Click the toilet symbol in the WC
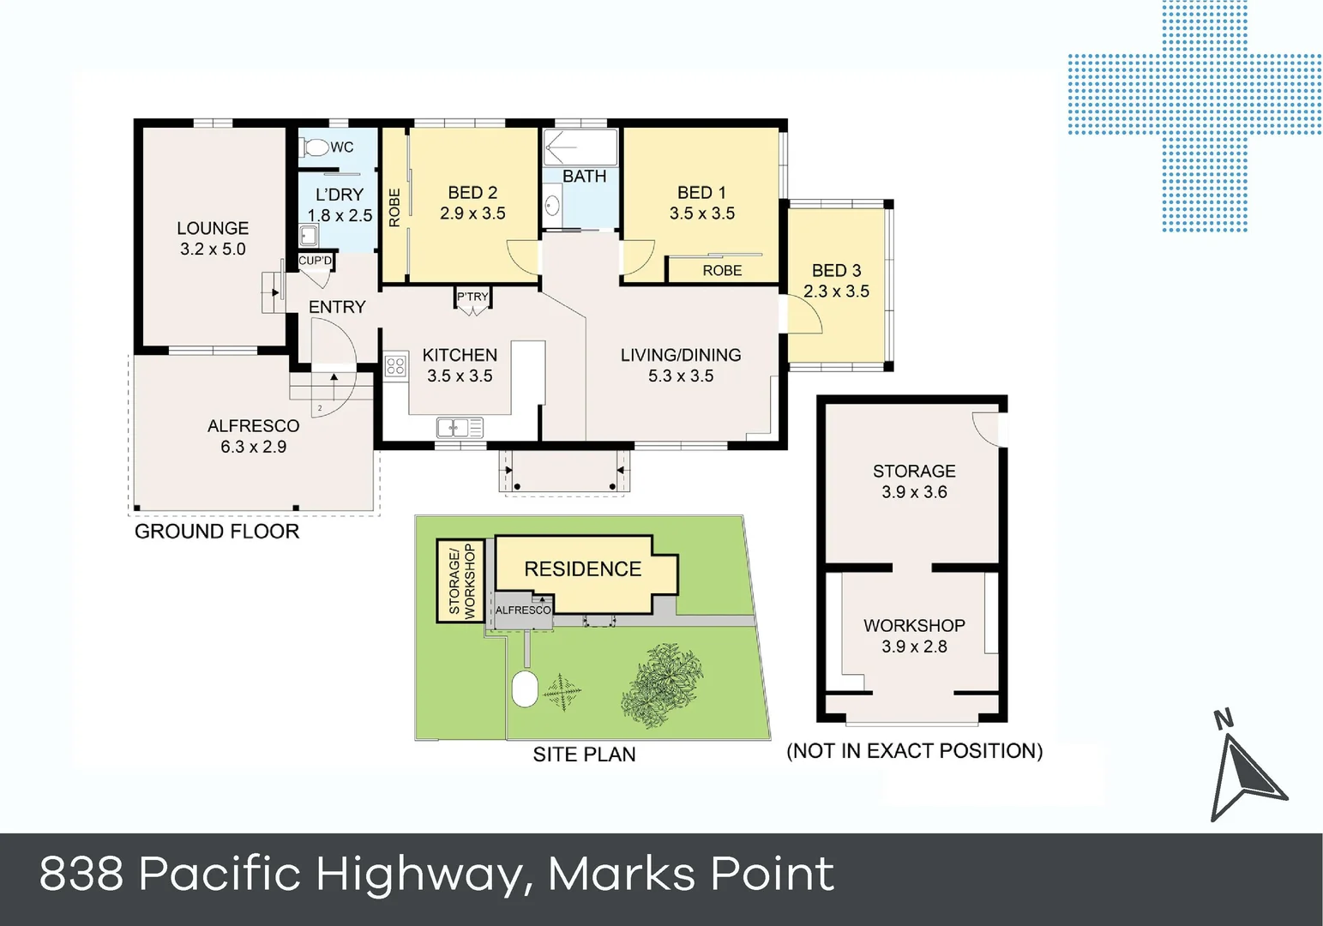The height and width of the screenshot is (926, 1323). (316, 147)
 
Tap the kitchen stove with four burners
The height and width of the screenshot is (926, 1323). (394, 367)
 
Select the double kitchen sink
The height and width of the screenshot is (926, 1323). (460, 427)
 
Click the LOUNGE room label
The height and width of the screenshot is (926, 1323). (213, 228)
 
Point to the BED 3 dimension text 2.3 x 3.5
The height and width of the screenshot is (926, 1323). (836, 292)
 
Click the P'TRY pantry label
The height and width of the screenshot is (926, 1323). (472, 297)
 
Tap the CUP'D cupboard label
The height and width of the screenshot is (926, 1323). (315, 261)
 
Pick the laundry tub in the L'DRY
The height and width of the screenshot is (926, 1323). (308, 235)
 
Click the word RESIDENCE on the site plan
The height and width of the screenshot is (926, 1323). (582, 569)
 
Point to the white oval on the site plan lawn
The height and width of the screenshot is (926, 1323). (525, 689)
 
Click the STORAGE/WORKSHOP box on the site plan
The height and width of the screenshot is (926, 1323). (460, 580)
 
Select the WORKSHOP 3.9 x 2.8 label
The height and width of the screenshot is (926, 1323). (914, 636)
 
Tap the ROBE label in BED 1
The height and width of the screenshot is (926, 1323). (722, 271)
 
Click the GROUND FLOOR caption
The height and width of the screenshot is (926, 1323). (217, 532)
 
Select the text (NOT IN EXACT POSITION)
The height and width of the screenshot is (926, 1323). (914, 751)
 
